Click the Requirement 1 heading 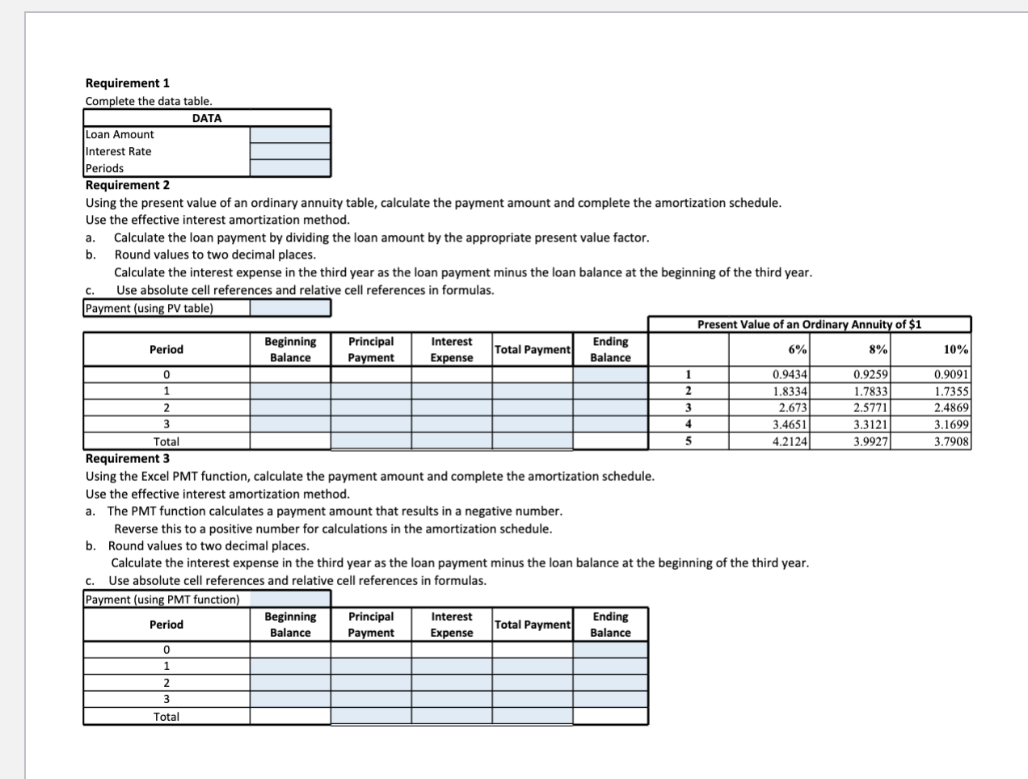[128, 83]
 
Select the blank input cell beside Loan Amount [290, 135]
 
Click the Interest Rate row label [119, 152]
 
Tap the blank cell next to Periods [290, 168]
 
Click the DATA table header [207, 118]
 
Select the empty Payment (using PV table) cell [290, 308]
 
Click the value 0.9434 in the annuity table [789, 374]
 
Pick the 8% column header [878, 349]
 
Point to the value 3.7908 [951, 441]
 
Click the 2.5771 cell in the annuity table [870, 408]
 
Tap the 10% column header [955, 349]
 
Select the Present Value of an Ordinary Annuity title [809, 324]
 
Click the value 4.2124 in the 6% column [789, 441]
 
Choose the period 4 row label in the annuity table [688, 424]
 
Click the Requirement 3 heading [128, 458]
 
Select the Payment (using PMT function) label [162, 600]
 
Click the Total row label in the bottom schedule [166, 717]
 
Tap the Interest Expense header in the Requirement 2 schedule [452, 350]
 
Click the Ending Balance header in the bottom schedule [610, 625]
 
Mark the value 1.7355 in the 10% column [951, 391]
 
